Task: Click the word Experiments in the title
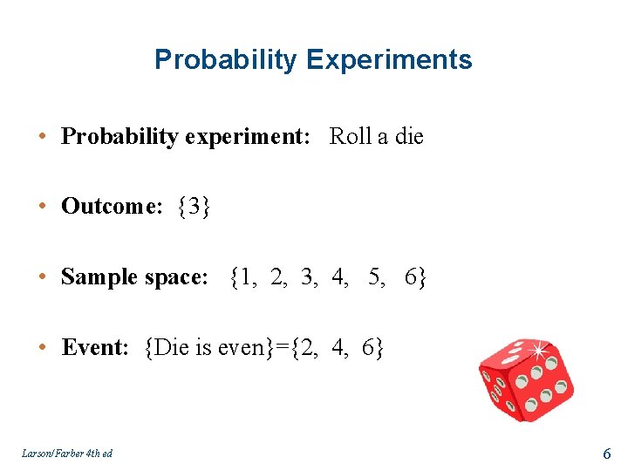point(389,60)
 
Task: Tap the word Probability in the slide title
point(226,60)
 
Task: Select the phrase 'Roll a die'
point(376,137)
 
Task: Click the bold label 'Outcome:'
point(112,207)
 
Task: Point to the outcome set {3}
point(193,207)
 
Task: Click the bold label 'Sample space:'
point(134,277)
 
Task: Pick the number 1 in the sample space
point(249,277)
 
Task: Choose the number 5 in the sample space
point(376,277)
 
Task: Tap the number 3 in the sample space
point(308,277)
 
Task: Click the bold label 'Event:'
point(95,347)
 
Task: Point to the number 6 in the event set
point(370,347)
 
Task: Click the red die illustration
point(526,380)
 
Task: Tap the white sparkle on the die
point(542,352)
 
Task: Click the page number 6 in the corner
point(606,454)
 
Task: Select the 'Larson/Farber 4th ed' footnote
point(67,454)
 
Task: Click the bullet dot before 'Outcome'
point(42,208)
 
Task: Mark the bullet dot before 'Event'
point(42,348)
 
